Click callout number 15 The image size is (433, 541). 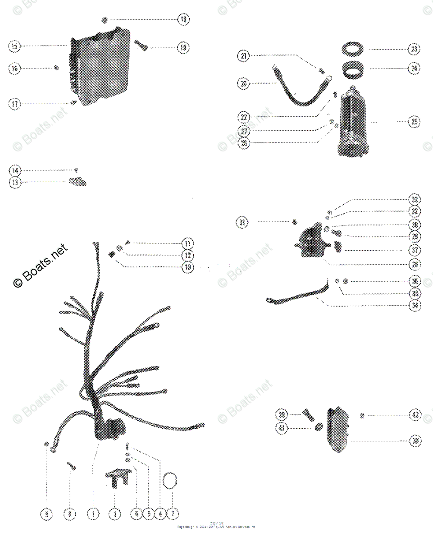tap(14, 46)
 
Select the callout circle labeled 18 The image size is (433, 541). tap(183, 48)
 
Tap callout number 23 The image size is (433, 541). tap(414, 49)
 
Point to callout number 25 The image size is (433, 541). tap(414, 121)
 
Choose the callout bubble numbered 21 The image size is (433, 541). tap(244, 56)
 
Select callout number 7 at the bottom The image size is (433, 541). tap(173, 514)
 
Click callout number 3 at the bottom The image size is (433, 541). tap(115, 514)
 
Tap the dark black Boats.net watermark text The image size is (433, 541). tap(39, 266)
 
